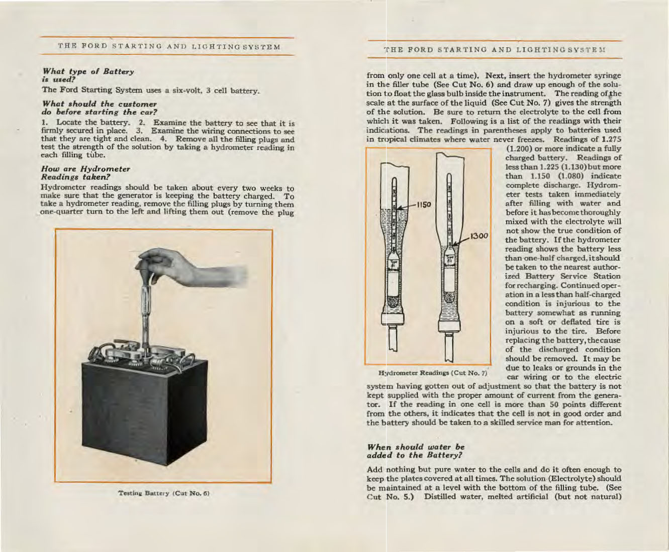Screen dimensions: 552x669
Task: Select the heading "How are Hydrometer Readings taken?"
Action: point(85,173)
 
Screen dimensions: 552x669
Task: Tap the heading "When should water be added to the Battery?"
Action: point(416,451)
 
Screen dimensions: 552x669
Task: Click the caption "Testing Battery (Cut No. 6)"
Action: point(163,493)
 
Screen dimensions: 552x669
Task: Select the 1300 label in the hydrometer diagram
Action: point(480,235)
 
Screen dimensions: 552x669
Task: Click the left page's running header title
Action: point(168,47)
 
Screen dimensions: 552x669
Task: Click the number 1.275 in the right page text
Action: point(609,139)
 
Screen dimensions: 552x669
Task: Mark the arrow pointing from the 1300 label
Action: point(461,240)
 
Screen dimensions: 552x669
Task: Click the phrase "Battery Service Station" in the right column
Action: point(563,276)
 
